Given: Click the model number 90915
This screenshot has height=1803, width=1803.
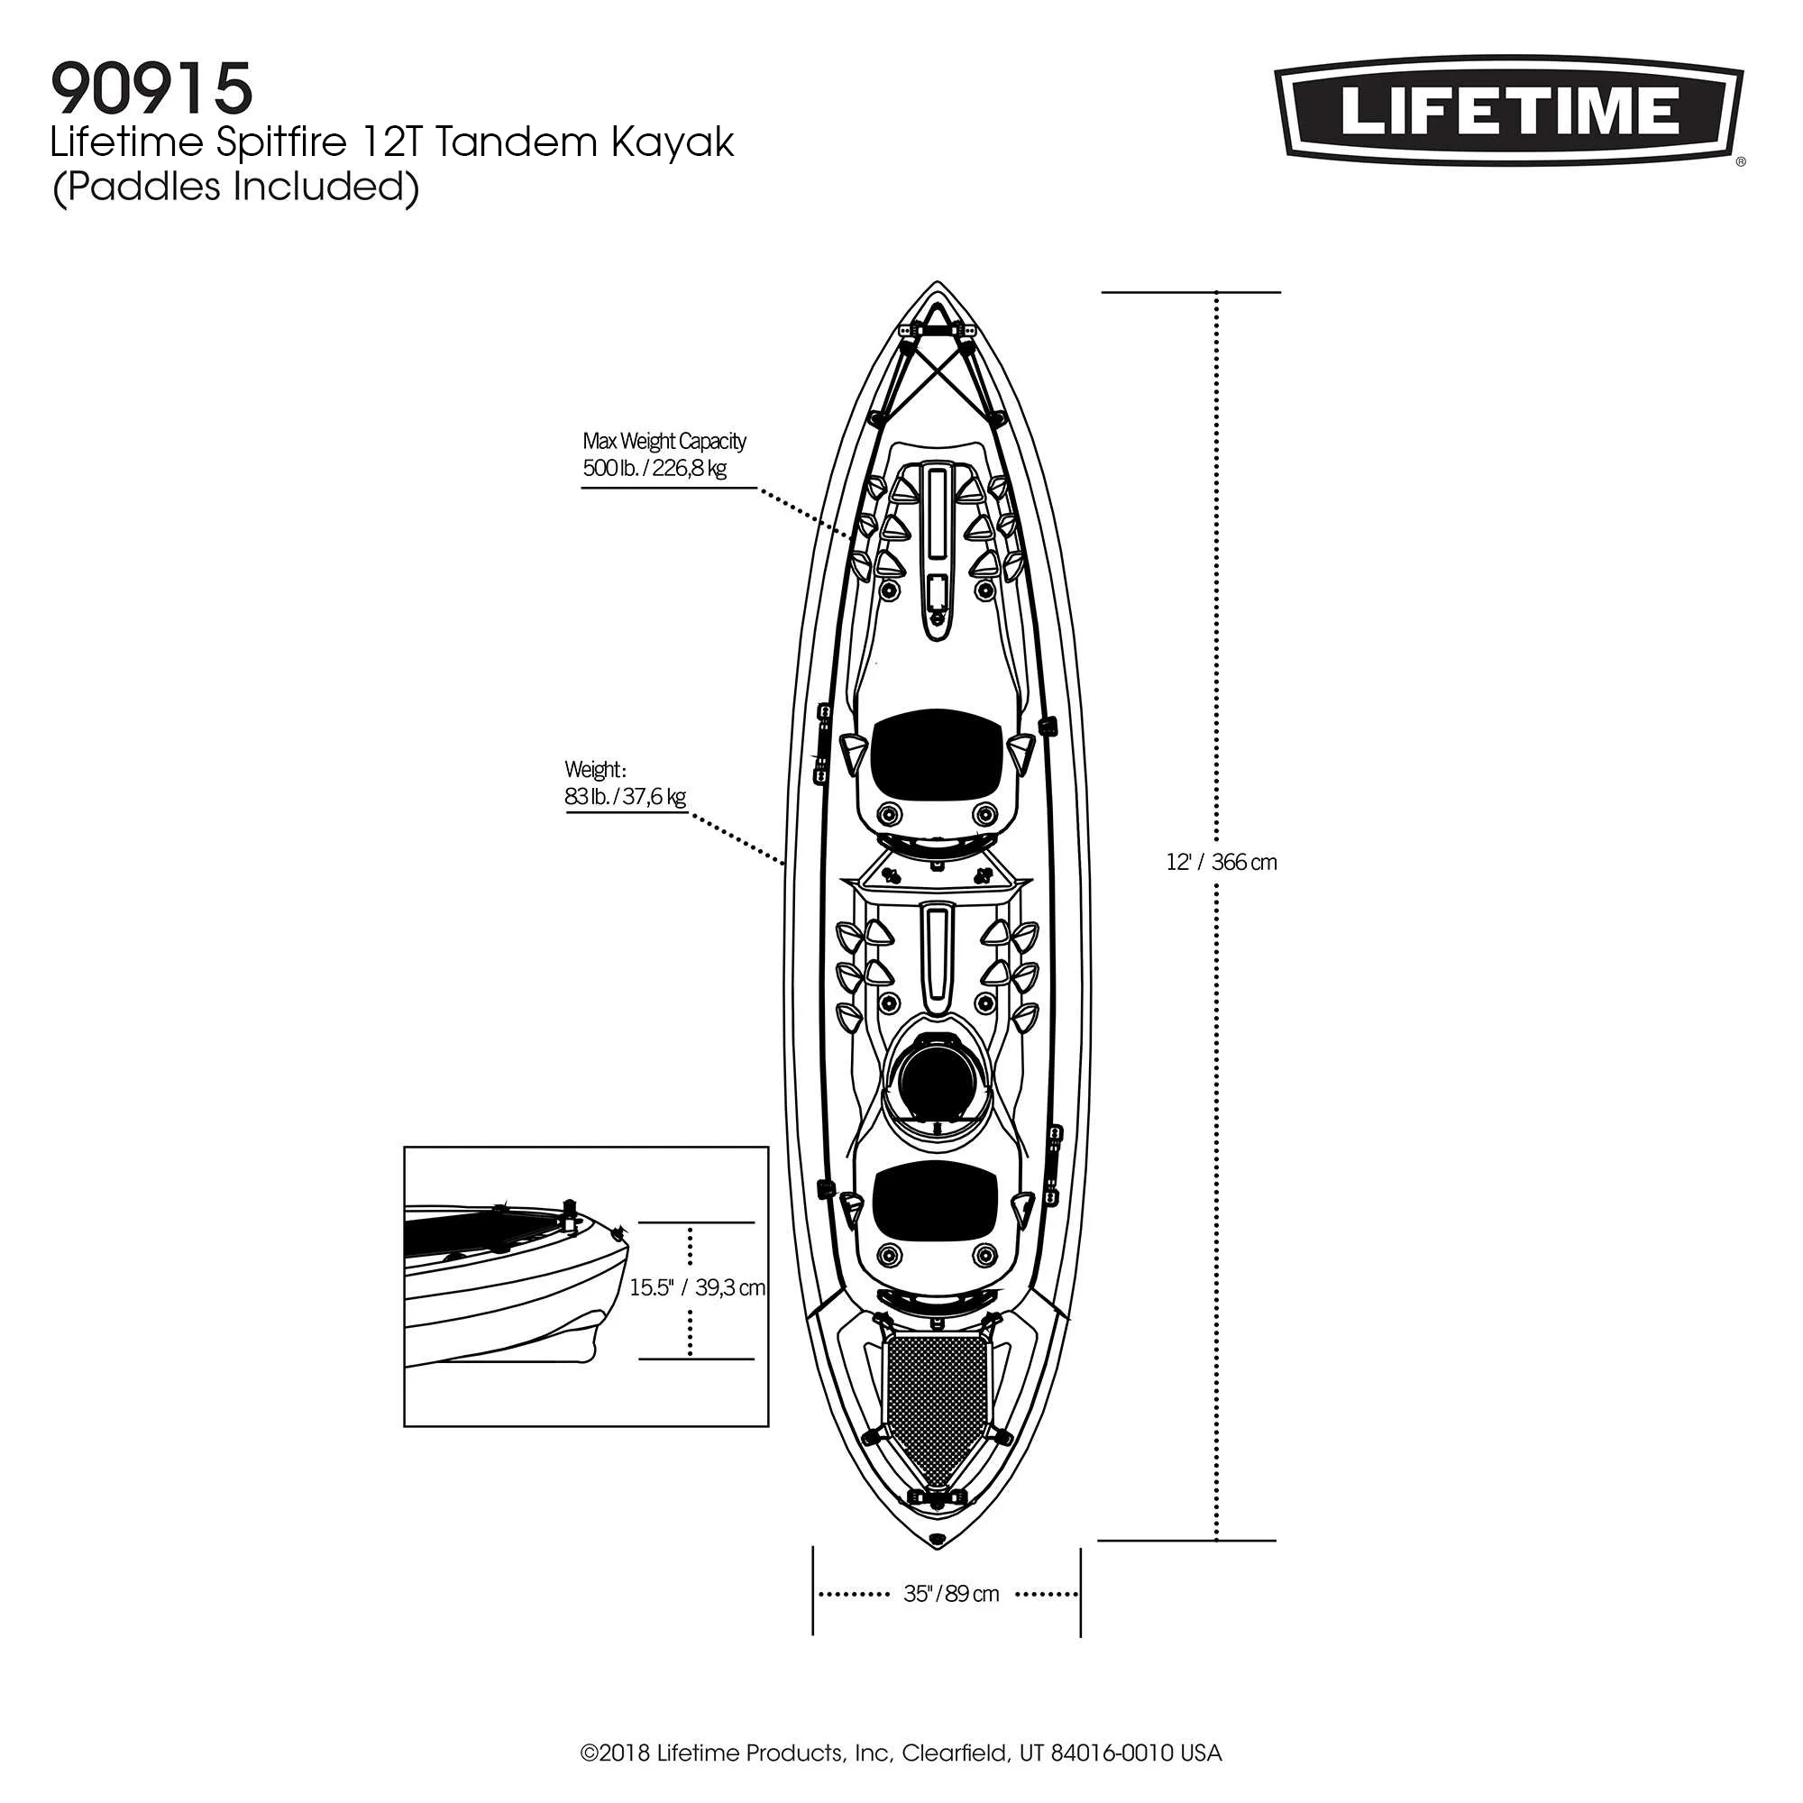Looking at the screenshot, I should click(x=151, y=88).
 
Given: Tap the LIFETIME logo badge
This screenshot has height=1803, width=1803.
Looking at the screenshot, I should click(x=1509, y=110).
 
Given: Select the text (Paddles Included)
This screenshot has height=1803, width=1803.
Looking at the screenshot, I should click(x=236, y=187).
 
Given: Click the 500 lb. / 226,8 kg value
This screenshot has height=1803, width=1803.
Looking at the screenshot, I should click(x=654, y=469).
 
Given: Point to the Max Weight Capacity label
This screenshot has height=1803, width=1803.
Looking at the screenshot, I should click(x=664, y=441).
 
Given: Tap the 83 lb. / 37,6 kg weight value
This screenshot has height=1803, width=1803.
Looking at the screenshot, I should click(x=625, y=797).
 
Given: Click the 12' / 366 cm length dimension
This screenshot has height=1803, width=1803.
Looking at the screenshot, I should click(x=1221, y=863).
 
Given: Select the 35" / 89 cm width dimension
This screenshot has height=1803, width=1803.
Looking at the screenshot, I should click(x=950, y=1594).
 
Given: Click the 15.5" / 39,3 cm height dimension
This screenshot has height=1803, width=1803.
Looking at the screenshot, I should click(x=697, y=1288).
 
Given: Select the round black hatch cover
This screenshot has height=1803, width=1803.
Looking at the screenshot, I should click(x=936, y=1080).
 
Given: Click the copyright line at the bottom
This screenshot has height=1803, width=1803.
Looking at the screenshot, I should click(x=901, y=1753).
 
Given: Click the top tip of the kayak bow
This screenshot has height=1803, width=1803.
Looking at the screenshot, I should click(x=936, y=283).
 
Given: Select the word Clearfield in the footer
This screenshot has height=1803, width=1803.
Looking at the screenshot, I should click(x=954, y=1753).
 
